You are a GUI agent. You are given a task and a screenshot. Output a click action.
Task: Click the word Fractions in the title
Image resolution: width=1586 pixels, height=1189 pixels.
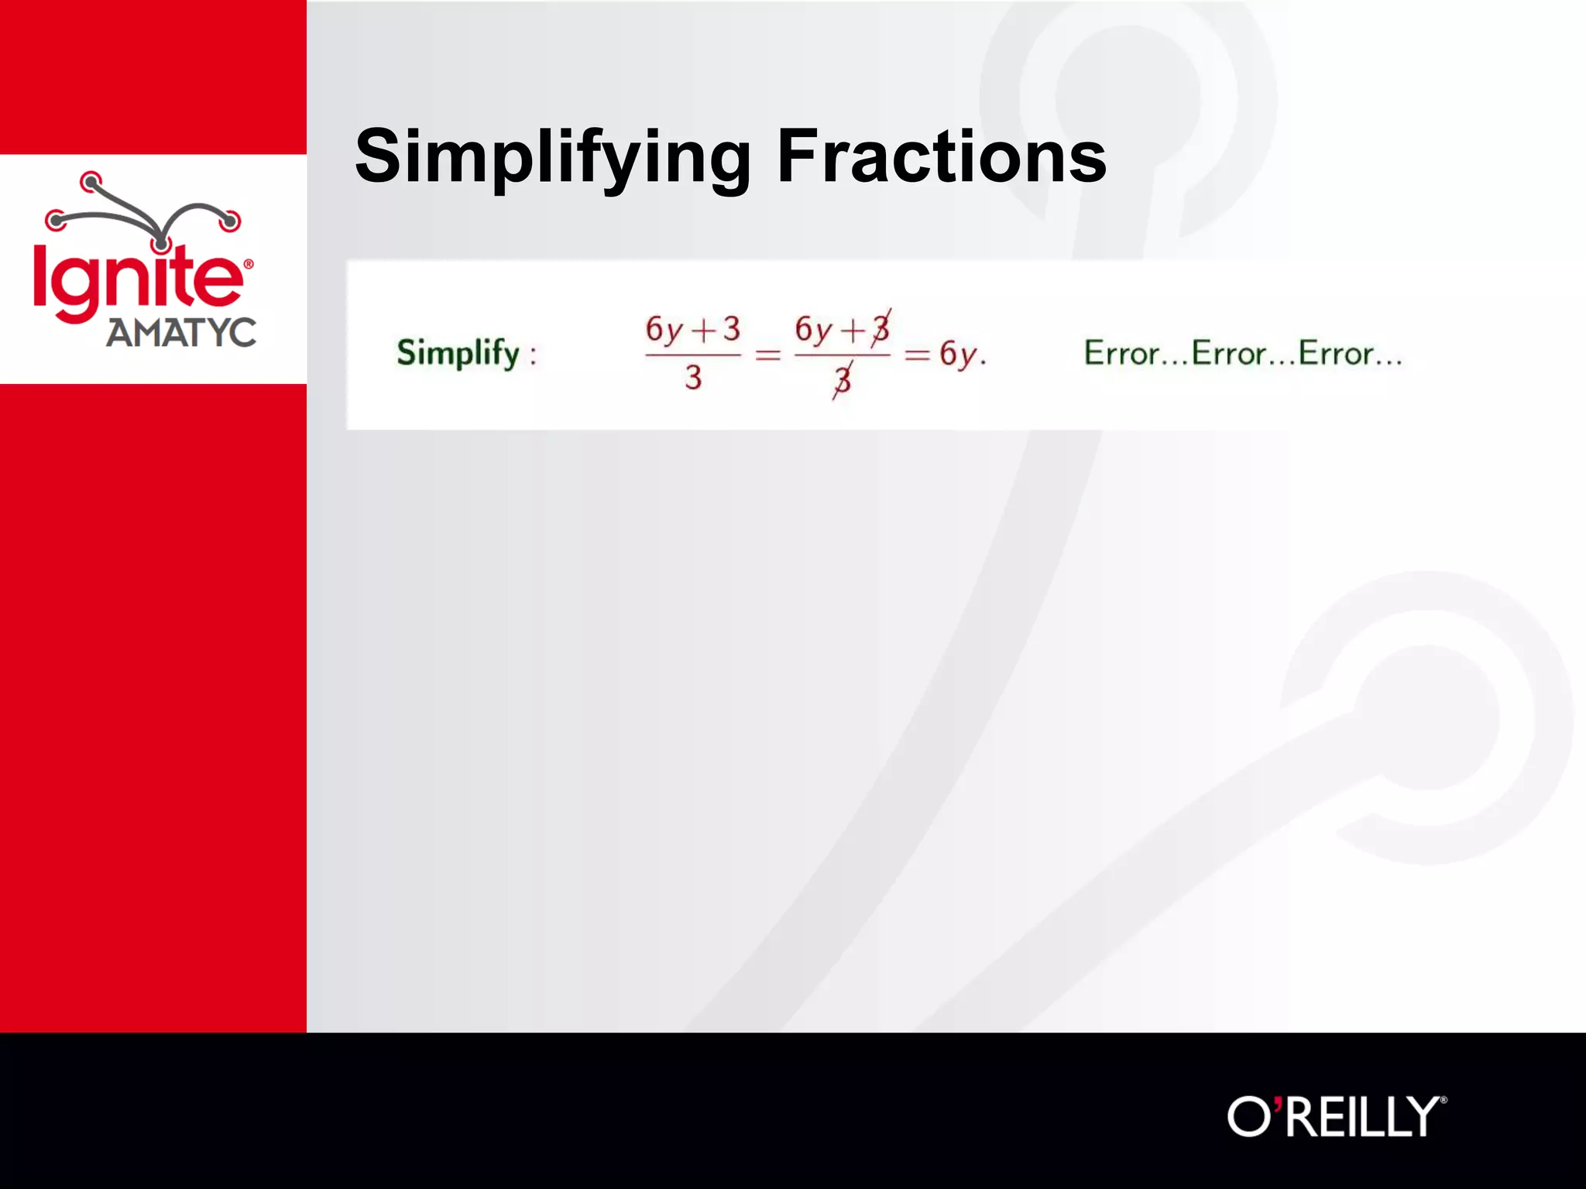coord(941,157)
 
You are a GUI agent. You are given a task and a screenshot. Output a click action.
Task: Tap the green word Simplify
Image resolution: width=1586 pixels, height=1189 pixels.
coord(458,354)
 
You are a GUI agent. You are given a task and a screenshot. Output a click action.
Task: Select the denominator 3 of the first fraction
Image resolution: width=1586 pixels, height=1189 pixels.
coord(693,378)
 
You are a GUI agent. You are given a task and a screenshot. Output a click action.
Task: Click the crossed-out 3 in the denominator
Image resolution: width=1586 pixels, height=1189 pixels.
coord(843,380)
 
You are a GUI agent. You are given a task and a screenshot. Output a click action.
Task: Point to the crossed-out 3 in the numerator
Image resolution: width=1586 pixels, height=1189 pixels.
coord(881,329)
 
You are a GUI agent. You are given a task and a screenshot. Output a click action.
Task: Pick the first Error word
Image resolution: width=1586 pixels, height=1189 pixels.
coord(1121,354)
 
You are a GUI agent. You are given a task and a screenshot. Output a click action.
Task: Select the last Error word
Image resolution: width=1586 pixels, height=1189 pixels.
coord(1336,354)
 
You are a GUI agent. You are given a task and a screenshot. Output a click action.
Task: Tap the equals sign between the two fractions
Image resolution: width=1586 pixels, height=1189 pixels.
coord(767,356)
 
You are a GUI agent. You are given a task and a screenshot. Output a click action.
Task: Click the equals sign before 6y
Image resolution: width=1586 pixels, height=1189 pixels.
coord(917,356)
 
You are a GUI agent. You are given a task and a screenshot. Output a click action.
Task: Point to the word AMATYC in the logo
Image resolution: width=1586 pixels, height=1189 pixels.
coord(181,334)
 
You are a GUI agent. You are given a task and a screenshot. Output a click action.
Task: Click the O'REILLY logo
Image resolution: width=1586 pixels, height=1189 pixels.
coord(1336,1116)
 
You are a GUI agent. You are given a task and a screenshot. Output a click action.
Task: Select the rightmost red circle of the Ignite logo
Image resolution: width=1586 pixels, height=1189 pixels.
coord(230,221)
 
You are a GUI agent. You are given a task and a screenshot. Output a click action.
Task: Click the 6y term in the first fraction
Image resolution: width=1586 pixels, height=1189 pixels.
coord(664,331)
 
